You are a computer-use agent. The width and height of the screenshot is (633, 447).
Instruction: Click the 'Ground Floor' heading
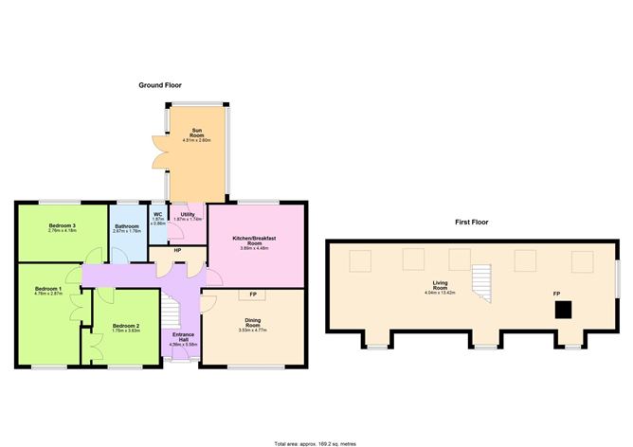click(160, 84)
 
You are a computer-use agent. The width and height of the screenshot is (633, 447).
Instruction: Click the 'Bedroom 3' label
click(63, 225)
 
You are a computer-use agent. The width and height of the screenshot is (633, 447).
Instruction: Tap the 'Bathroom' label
click(127, 226)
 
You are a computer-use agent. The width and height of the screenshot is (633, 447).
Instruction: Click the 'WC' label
click(158, 215)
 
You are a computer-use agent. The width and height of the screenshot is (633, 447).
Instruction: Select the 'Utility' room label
click(188, 215)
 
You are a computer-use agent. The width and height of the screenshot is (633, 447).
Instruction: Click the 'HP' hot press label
click(176, 250)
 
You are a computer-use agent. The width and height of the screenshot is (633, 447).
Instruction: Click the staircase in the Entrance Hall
click(170, 309)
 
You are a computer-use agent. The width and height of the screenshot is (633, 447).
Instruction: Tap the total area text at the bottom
click(316, 442)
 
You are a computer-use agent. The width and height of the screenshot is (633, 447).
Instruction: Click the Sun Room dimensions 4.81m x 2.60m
click(197, 140)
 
